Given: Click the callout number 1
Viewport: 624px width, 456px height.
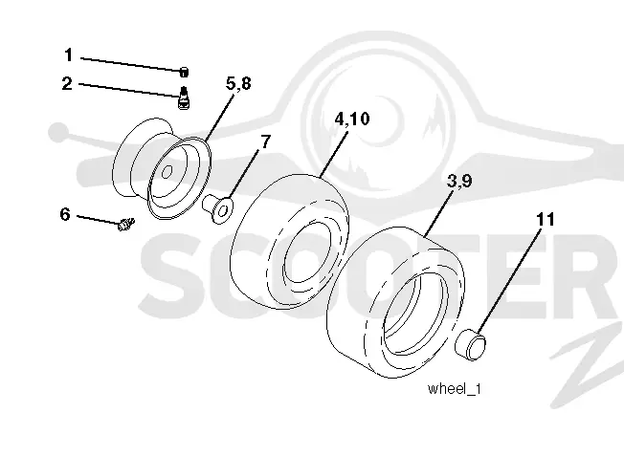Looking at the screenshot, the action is click(69, 54).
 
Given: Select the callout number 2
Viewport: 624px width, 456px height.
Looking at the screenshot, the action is click(67, 83).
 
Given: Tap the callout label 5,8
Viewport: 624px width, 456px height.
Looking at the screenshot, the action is click(238, 84).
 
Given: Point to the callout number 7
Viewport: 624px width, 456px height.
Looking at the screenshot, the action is click(265, 141).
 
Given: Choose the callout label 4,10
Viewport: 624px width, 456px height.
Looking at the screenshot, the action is click(352, 119).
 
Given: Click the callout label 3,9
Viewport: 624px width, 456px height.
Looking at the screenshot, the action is click(459, 181).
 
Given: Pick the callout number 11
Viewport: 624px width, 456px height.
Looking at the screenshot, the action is click(546, 219).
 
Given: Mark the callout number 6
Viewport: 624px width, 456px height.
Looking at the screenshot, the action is click(65, 214).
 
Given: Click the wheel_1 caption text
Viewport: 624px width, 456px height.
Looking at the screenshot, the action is click(454, 388).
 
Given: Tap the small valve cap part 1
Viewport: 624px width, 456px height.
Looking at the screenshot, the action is click(184, 73).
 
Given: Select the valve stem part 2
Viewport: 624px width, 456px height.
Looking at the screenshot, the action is click(184, 98).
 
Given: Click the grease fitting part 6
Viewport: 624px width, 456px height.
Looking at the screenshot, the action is click(126, 225).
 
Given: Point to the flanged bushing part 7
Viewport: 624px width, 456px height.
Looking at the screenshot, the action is click(217, 207).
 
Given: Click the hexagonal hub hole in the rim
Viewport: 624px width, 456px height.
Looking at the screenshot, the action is click(167, 172).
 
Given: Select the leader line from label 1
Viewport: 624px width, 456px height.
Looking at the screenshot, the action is click(131, 64).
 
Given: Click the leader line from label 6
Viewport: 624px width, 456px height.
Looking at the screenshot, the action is click(98, 220).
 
